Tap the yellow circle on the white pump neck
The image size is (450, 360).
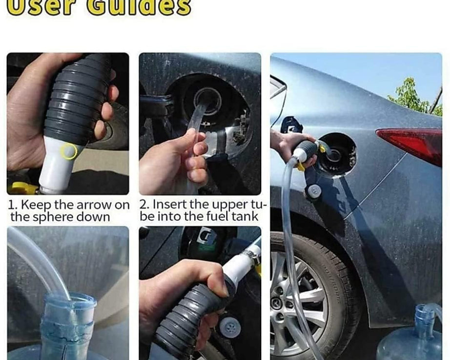coord(69,151)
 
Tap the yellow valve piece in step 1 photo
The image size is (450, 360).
coord(21,189)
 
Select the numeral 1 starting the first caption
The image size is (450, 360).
coord(11,205)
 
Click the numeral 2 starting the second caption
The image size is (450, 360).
coord(143,205)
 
